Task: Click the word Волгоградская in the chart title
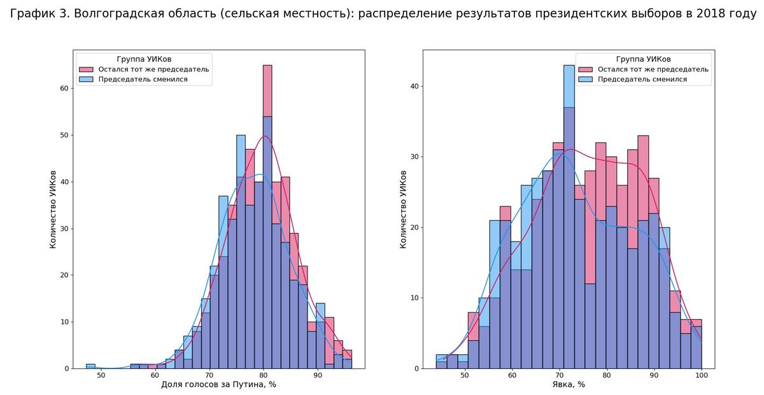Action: click(113, 14)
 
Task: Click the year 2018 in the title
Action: click(701, 14)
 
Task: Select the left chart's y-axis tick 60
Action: click(64, 88)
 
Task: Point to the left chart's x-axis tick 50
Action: click(101, 376)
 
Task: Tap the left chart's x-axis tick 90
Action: click(318, 376)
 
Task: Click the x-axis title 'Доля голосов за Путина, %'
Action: click(218, 385)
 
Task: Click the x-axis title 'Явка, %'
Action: click(569, 385)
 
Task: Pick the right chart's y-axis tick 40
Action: click(414, 86)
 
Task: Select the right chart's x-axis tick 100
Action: click(701, 376)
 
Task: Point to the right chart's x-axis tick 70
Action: click(559, 376)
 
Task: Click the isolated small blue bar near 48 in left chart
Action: click(90, 366)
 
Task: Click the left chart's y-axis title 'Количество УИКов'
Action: click(53, 209)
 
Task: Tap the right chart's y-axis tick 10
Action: click(414, 298)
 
